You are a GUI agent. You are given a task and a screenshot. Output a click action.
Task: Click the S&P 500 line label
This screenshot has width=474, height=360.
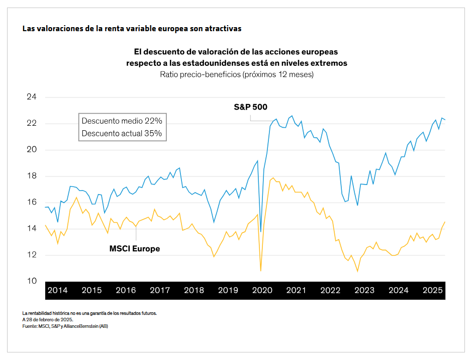coord(250,107)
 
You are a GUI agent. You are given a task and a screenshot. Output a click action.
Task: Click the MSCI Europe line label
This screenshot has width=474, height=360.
coord(134,248)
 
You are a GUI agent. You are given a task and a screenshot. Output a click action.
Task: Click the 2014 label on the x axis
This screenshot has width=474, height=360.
coord(57,291)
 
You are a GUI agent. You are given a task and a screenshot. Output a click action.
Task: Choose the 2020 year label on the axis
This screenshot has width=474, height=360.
coord(262,291)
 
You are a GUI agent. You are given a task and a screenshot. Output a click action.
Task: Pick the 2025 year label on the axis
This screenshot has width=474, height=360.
coord(432,291)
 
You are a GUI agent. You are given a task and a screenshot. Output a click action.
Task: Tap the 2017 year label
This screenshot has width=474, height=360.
coord(159,291)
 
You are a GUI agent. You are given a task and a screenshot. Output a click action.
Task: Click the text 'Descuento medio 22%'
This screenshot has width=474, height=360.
coord(122,121)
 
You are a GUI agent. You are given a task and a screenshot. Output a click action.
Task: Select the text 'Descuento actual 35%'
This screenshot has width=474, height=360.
coord(122,133)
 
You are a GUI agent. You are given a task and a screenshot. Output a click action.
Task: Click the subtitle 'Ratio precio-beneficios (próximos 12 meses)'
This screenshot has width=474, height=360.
coord(237,74)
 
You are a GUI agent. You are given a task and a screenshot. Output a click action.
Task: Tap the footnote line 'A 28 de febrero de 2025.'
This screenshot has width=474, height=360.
coord(48,320)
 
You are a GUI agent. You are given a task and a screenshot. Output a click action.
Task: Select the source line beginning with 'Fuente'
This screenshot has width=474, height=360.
coord(65,326)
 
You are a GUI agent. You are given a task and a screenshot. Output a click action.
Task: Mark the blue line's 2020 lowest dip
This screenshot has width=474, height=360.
coord(260,232)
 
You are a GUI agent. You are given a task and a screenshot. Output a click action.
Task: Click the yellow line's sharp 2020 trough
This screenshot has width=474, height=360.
coord(260,271)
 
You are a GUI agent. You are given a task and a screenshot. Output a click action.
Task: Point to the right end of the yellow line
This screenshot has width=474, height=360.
coord(445,222)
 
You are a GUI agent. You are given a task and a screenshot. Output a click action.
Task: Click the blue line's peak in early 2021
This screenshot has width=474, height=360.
coord(292,116)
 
